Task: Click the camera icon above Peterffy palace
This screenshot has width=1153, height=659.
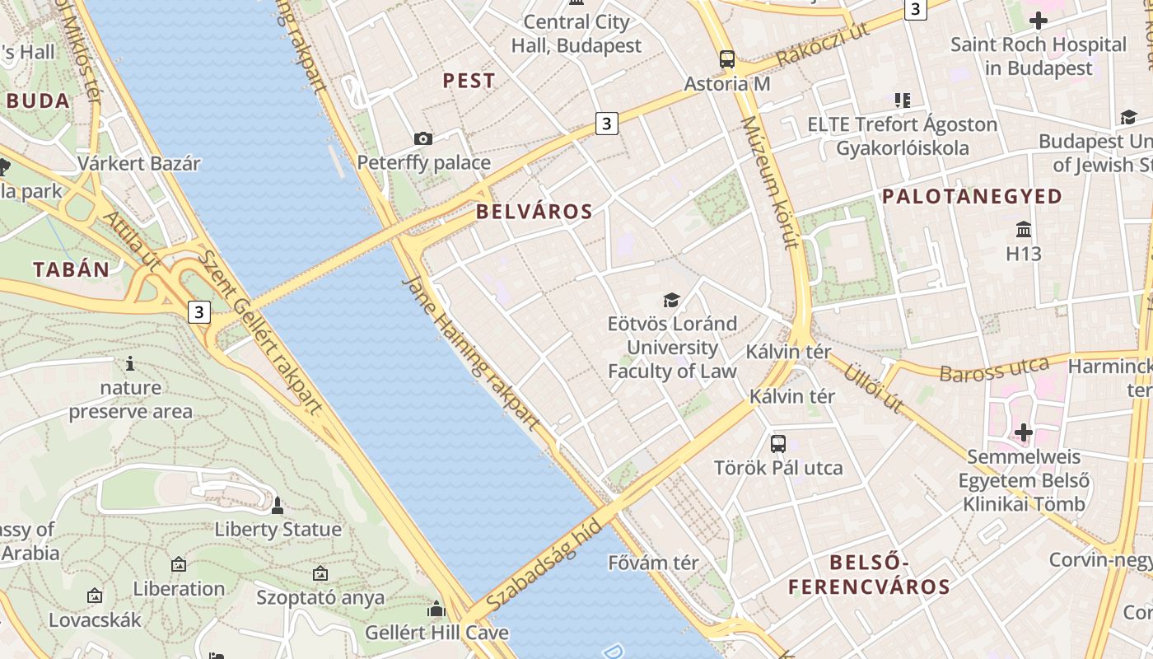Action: pos(422,138)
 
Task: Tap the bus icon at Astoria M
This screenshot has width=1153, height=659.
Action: pos(726,59)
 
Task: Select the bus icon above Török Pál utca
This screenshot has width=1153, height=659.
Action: pos(777,444)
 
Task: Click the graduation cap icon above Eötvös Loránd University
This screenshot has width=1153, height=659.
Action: pos(672,300)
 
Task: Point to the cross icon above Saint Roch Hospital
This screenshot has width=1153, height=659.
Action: pos(1038,20)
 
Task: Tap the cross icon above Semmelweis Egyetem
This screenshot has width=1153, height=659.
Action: pos(1023,432)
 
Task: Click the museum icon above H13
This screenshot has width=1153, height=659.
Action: pos(1024,229)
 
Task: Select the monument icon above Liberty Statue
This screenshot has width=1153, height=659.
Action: pos(278,505)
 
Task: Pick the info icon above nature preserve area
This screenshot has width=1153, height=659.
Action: pos(130,363)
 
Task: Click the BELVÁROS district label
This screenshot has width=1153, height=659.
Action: pos(534,212)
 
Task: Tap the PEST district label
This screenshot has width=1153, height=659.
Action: pos(469,81)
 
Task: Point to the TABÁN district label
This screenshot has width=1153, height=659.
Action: pos(71,269)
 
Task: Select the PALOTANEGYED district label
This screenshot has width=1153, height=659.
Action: pos(972,196)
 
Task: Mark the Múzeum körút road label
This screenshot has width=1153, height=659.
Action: pos(770,182)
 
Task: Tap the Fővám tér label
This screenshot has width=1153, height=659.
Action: pos(653,563)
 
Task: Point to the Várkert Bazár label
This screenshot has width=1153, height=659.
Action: pos(138,163)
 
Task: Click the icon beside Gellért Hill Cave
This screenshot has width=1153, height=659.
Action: pos(436,610)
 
